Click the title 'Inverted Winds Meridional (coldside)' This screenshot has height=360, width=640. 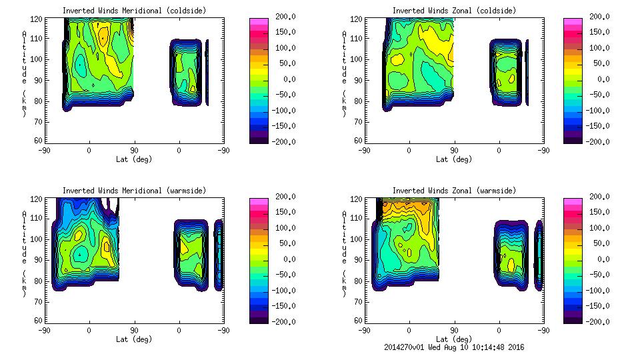tap(134, 11)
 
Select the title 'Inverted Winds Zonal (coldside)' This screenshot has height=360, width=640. tap(454, 11)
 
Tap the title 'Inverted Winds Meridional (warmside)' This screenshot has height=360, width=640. tap(134, 191)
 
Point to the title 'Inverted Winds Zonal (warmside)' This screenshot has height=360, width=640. tap(454, 191)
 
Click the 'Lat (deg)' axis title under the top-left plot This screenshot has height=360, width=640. tap(134, 159)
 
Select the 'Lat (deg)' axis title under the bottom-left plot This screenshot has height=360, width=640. tap(134, 339)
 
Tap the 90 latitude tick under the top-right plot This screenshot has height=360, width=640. tap(454, 151)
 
